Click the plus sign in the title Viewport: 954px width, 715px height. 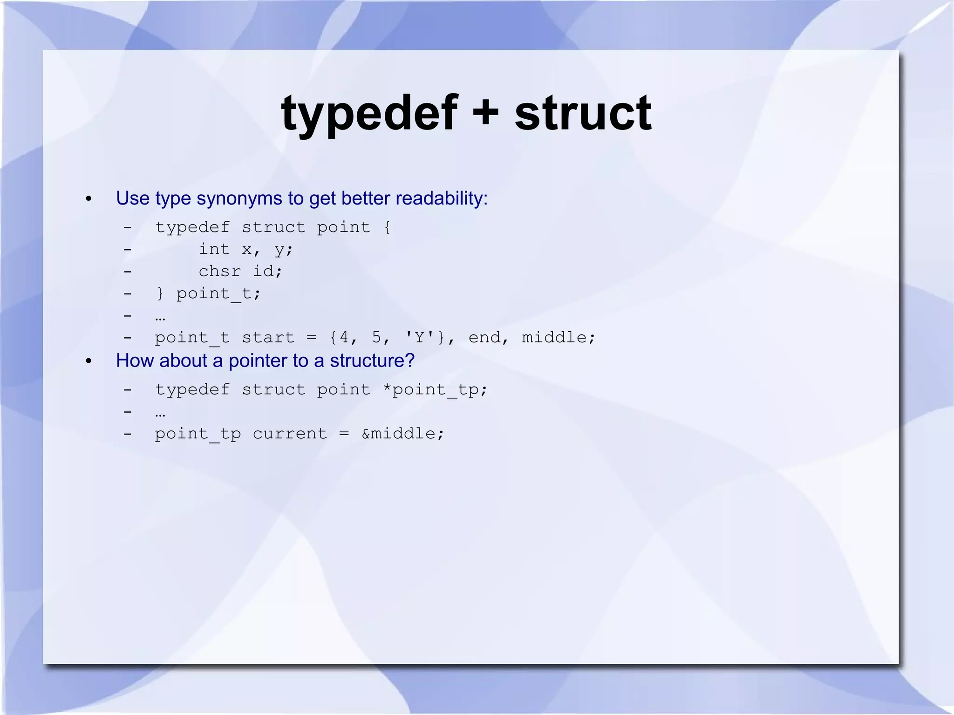pyautogui.click(x=486, y=113)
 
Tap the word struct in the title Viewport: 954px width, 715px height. pyautogui.click(x=583, y=113)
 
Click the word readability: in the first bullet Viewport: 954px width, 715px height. pyautogui.click(x=442, y=198)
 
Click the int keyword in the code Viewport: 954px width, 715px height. pyautogui.click(x=214, y=249)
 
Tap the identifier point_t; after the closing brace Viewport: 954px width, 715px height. pyautogui.click(x=218, y=293)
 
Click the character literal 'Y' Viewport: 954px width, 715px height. pyautogui.click(x=420, y=337)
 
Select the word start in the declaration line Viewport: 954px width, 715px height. pyautogui.click(x=268, y=337)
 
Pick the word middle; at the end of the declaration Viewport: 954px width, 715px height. pyautogui.click(x=559, y=337)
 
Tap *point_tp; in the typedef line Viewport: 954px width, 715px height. pyautogui.click(x=435, y=389)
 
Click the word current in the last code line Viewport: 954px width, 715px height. pyautogui.click(x=290, y=434)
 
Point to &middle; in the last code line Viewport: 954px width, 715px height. pyautogui.click(x=403, y=434)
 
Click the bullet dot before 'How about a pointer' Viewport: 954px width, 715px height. pyautogui.click(x=89, y=361)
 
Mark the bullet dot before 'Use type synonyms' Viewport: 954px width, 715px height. pyautogui.click(x=89, y=199)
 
